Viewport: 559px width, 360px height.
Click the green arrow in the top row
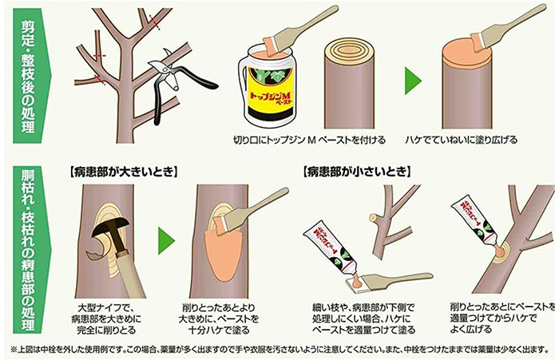[x=412, y=81]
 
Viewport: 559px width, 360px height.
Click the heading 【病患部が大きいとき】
[x=122, y=171]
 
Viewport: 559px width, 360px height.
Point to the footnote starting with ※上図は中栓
[x=279, y=350]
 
